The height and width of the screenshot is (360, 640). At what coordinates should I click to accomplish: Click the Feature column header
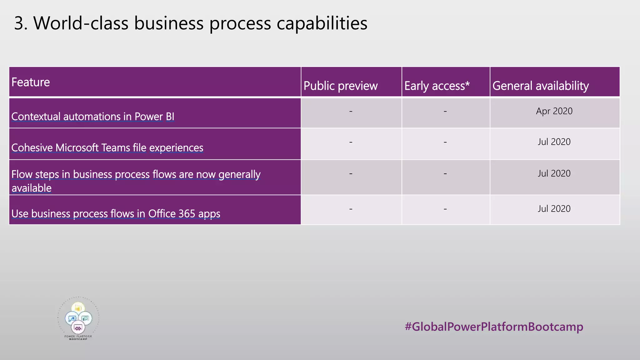coord(31,82)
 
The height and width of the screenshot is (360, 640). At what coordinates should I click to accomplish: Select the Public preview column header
coord(340,86)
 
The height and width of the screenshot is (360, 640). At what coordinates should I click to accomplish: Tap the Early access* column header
coord(437,86)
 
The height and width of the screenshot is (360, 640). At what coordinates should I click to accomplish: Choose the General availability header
coord(541,86)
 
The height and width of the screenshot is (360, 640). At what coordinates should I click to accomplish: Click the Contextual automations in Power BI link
coord(93,117)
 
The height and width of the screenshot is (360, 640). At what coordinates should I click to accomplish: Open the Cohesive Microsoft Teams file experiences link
coord(107,147)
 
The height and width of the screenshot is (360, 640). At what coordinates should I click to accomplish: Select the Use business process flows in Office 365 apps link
coord(116,214)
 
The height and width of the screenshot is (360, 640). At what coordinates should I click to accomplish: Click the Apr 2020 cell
coord(554,111)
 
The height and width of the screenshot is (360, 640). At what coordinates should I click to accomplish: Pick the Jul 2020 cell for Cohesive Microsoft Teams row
coord(554,142)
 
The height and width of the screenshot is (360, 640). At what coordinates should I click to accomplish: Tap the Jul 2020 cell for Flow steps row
coord(554,173)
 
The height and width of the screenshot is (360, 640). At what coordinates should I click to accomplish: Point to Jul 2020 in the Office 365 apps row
coord(554,209)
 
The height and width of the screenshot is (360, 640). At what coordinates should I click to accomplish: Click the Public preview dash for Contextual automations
coord(351,111)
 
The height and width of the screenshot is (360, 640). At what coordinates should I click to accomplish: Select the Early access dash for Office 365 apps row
coord(445,209)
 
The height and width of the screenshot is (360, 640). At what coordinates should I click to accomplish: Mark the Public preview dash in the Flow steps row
coord(351,173)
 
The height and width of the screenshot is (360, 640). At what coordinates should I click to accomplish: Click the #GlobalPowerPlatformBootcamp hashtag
coord(494,327)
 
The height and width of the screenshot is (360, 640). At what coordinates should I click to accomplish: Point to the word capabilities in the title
coord(322,23)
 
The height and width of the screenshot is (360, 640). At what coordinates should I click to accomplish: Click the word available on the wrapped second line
coord(32,188)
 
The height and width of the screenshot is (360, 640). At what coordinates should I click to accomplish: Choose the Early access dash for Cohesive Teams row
coord(445,142)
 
